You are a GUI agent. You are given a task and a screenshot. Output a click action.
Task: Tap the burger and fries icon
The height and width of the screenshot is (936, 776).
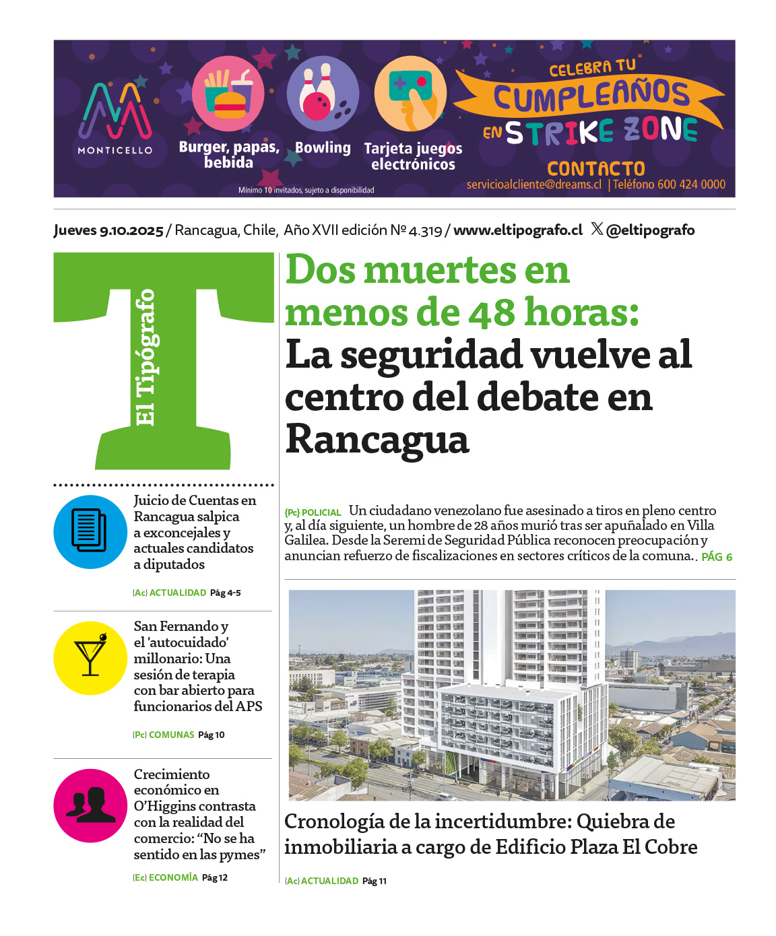[x=228, y=94]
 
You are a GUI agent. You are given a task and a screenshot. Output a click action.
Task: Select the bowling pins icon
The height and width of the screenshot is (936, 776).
[x=323, y=94]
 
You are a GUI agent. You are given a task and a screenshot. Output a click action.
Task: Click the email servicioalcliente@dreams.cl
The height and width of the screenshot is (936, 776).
[x=533, y=185]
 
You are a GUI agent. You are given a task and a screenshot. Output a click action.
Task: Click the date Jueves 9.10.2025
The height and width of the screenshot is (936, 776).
[x=108, y=230]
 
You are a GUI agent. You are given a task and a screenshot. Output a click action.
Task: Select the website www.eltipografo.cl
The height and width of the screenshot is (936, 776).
[x=518, y=230]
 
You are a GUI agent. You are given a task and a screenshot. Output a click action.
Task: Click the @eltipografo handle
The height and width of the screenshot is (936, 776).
[x=649, y=230]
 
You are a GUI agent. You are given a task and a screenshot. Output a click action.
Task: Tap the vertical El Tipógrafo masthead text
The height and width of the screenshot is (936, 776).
[x=145, y=357]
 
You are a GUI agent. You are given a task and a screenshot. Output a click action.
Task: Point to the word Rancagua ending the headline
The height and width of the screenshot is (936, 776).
[x=377, y=440]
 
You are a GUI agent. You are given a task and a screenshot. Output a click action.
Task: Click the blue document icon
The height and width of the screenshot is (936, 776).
[x=90, y=532]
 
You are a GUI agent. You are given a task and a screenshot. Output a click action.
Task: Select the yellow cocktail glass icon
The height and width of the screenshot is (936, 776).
[x=90, y=658]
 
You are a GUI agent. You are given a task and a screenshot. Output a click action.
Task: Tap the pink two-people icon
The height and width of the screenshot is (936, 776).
[x=90, y=805]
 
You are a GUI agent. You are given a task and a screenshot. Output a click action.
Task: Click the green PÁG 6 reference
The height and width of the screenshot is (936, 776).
[x=717, y=557]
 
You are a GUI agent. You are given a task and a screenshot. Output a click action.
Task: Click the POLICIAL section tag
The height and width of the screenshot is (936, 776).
[x=321, y=512]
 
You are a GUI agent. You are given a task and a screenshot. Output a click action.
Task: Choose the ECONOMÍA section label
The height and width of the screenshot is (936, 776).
[x=173, y=877]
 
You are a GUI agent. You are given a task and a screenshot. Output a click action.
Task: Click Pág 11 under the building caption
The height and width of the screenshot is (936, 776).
[x=375, y=881]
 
